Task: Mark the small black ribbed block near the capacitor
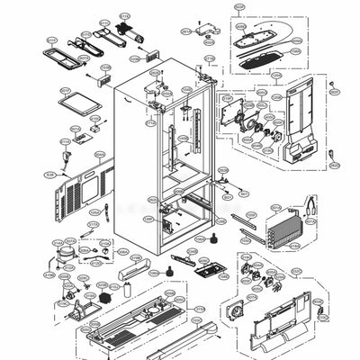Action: point(110,295)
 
